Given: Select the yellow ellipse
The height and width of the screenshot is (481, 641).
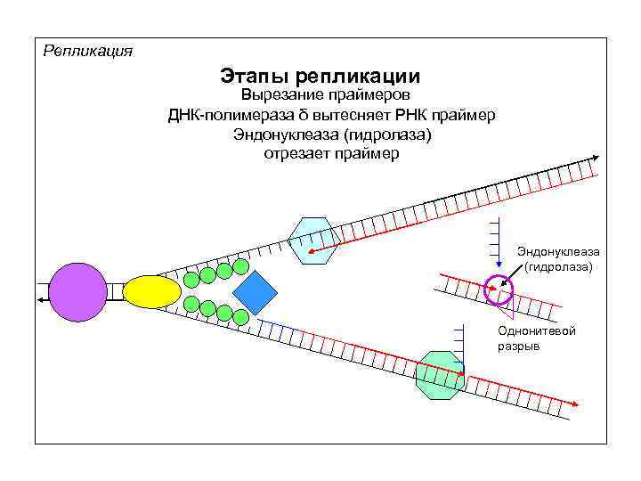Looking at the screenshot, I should (151, 291).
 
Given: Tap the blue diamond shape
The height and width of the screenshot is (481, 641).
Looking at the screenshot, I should (256, 292).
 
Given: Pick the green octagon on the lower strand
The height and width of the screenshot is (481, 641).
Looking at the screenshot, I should (440, 374).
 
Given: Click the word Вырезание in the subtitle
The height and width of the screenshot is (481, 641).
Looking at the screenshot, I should (276, 95).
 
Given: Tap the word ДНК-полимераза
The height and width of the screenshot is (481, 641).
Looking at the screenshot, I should (229, 115).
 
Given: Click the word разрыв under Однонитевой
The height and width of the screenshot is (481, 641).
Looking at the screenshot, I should (518, 346).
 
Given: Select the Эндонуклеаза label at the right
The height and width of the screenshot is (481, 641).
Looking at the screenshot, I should (558, 252).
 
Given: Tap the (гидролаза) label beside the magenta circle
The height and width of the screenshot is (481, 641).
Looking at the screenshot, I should (558, 266).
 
